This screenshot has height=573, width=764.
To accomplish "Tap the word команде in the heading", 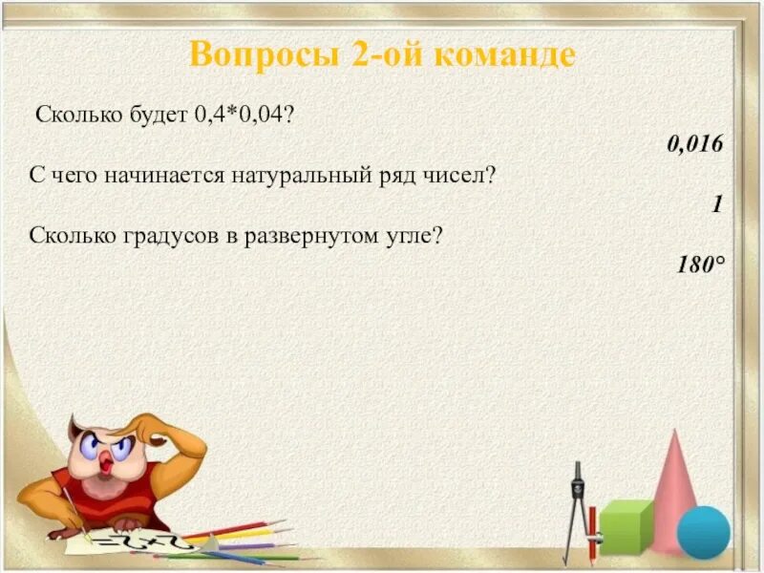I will coord(505,54).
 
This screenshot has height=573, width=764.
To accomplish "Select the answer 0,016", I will coord(694,144).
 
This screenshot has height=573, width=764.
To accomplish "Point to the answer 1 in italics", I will coord(716,203).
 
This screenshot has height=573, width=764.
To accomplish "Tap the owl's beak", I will coord(108,462).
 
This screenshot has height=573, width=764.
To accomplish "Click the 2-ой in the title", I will coord(379,54).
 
